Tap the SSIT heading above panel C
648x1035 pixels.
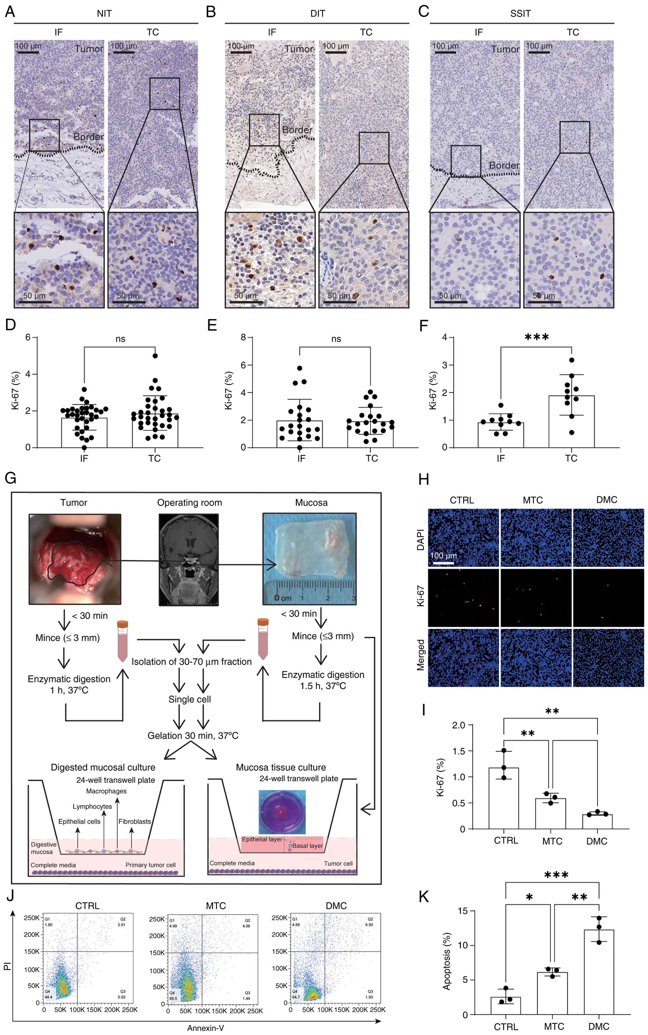pyautogui.click(x=520, y=14)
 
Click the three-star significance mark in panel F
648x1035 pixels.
pyautogui.click(x=537, y=337)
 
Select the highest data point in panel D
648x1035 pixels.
pyautogui.click(x=155, y=356)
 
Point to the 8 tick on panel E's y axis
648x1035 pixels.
pyautogui.click(x=243, y=338)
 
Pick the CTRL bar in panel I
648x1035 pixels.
pyautogui.click(x=504, y=798)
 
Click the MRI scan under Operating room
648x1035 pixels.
pyautogui.click(x=188, y=560)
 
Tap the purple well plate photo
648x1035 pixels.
pyautogui.click(x=282, y=812)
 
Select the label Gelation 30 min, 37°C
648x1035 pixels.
pyautogui.click(x=193, y=736)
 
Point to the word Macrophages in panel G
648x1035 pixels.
pyautogui.click(x=106, y=791)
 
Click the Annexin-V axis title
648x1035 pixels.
pyautogui.click(x=206, y=1028)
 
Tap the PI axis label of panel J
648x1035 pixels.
pyautogui.click(x=7, y=966)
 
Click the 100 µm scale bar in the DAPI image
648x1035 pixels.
pyautogui.click(x=443, y=562)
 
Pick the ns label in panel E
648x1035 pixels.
pyautogui.click(x=336, y=339)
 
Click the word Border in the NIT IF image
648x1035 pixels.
pyautogui.click(x=88, y=137)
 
